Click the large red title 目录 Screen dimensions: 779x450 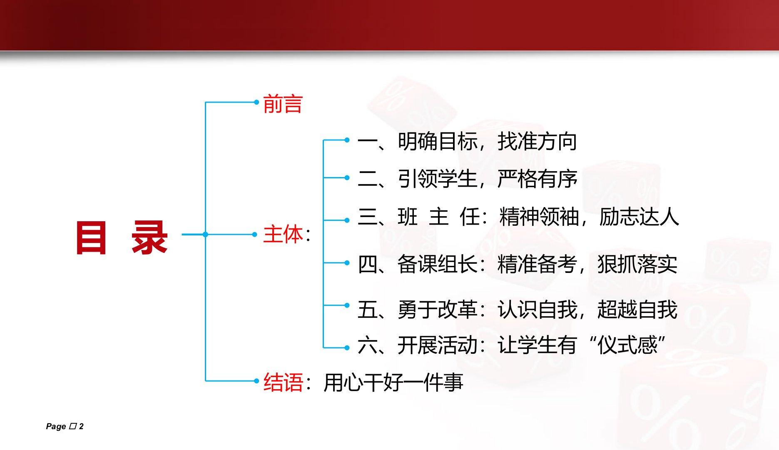tap(122, 237)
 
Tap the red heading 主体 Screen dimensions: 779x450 tap(283, 234)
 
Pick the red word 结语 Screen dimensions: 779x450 tap(283, 382)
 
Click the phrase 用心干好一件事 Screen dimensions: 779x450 tap(393, 382)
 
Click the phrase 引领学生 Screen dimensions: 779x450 tap(438, 179)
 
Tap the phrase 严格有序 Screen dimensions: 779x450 tap(538, 179)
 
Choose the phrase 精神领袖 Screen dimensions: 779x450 tap(539, 217)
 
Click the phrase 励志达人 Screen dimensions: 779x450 tap(639, 217)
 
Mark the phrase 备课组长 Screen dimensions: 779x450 tap(438, 264)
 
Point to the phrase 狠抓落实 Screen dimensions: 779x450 tap(637, 264)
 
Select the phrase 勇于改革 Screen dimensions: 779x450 tap(438, 310)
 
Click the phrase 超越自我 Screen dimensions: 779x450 tap(637, 310)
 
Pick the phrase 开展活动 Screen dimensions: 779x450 tap(438, 345)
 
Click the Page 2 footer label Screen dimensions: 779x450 tap(65, 426)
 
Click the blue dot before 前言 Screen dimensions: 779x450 tap(256, 102)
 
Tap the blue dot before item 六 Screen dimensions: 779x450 tap(347, 347)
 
